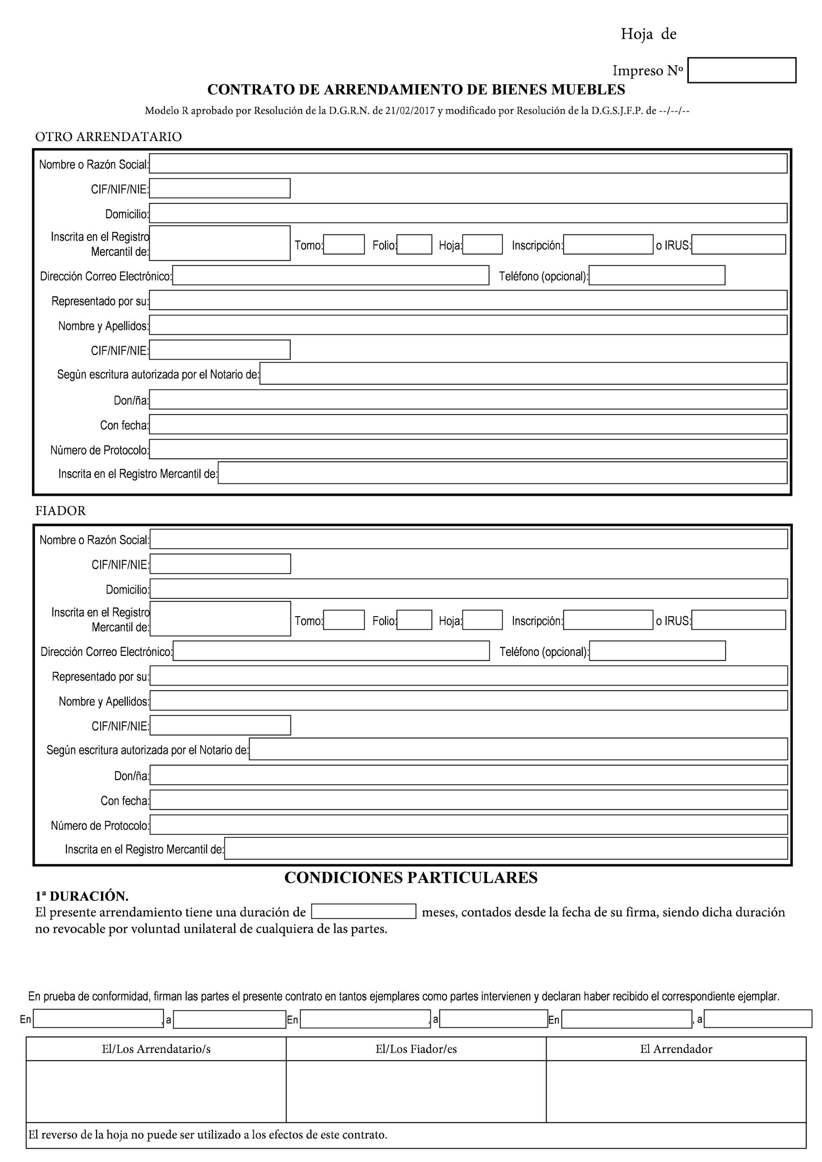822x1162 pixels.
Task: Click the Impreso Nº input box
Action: click(x=742, y=70)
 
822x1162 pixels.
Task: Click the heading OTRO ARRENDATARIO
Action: click(x=108, y=136)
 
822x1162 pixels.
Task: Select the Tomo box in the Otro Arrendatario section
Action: click(x=344, y=244)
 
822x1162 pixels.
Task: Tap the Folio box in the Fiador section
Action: click(x=414, y=620)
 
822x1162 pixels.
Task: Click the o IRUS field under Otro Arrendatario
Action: click(x=739, y=244)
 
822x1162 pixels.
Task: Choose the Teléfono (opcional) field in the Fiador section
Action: click(x=657, y=651)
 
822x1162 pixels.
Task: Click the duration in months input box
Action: click(x=363, y=912)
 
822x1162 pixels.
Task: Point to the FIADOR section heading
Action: click(x=60, y=511)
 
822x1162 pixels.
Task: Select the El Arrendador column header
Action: click(x=676, y=1049)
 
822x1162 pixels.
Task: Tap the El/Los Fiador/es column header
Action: click(x=416, y=1049)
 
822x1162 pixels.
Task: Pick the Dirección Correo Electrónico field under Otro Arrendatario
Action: click(x=330, y=275)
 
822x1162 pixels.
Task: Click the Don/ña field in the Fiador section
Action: click(x=468, y=775)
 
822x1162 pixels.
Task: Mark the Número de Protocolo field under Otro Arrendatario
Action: click(x=468, y=449)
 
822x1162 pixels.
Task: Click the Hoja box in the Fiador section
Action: click(x=482, y=620)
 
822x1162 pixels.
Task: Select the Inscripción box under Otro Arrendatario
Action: click(x=608, y=244)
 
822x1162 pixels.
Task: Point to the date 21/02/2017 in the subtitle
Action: click(x=410, y=111)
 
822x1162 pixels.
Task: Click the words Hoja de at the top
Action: click(x=648, y=34)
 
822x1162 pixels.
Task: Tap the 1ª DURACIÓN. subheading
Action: click(x=82, y=896)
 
